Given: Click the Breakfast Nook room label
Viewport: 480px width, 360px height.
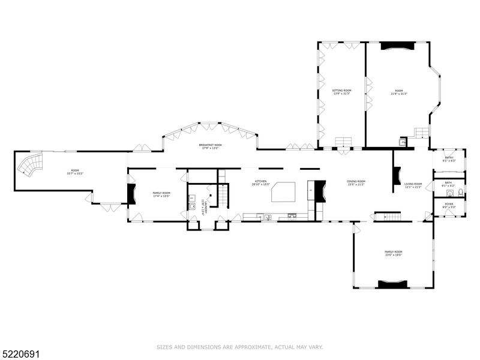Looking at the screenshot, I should (x=210, y=145).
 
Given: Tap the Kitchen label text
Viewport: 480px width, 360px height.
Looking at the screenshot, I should (x=260, y=181).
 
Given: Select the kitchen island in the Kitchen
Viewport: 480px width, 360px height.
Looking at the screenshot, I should (x=284, y=193).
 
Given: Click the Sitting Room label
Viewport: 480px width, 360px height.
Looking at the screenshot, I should (x=342, y=90).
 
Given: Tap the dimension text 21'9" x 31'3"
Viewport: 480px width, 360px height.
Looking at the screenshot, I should (x=399, y=94).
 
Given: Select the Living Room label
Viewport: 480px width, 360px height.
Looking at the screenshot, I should (x=413, y=184).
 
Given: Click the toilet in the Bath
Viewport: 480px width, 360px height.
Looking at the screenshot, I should (x=459, y=193).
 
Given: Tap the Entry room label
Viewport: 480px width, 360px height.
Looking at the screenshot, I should (x=449, y=158).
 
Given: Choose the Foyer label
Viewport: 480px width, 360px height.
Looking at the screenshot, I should (x=449, y=205).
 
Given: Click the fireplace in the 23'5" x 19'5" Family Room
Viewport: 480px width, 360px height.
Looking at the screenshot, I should (x=393, y=284).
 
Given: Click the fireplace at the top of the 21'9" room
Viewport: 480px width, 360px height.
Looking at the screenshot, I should (x=397, y=45).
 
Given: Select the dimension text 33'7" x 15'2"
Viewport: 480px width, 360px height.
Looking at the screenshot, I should (x=75, y=173).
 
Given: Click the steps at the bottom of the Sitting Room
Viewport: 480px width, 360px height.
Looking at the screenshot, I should (x=343, y=142).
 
